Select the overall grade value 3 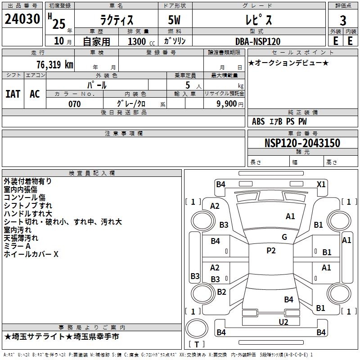343,20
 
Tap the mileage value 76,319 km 54,64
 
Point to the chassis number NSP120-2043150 302,143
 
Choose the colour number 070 74,104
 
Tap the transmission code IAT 13,94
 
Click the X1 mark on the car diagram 321,184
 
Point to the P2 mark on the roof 271,251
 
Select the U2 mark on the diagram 283,322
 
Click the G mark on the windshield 284,237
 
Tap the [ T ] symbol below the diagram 197,344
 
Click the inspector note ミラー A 17,246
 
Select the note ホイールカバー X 31,254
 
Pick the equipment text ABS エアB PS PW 279,121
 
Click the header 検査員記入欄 92,173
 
